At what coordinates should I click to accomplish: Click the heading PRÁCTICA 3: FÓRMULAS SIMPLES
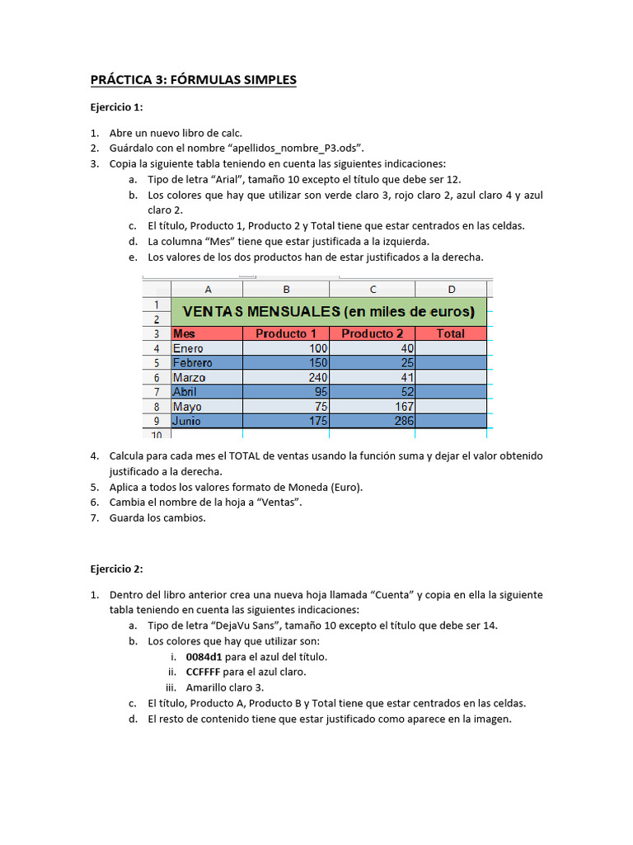[193, 80]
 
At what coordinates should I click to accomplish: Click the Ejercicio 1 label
[116, 107]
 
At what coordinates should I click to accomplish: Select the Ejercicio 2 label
[116, 569]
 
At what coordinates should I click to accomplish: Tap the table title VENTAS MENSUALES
[328, 311]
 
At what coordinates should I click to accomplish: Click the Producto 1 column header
[286, 334]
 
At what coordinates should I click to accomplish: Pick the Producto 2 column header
[372, 334]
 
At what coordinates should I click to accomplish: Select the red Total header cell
[450, 334]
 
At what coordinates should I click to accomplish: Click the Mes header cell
[185, 334]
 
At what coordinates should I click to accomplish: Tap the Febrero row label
[192, 363]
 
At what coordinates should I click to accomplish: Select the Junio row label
[187, 421]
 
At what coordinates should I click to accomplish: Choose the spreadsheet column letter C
[373, 289]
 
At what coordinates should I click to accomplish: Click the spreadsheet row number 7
[156, 392]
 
